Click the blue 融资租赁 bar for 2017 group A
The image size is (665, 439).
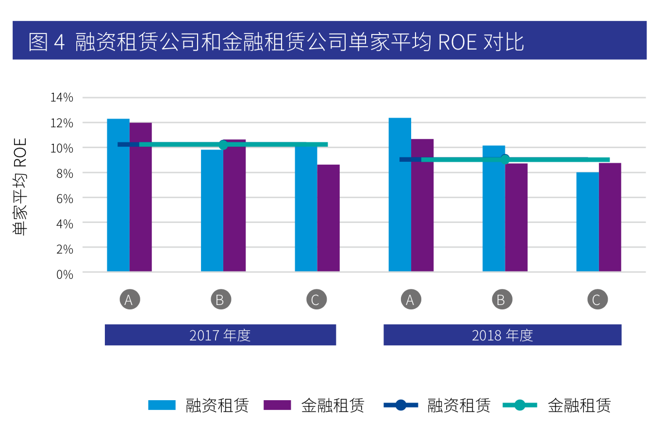tap(118, 195)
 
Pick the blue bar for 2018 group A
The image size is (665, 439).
tap(399, 194)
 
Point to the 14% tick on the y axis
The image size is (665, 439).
tap(62, 98)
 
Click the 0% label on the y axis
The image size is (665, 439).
tap(65, 274)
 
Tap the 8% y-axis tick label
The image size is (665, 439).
tap(65, 173)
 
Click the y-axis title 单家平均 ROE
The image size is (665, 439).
tap(20, 186)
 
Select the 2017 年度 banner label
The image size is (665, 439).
tap(220, 335)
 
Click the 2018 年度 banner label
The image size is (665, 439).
tap(502, 335)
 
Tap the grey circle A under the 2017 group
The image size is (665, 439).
tap(130, 300)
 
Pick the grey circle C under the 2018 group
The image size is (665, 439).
tap(597, 300)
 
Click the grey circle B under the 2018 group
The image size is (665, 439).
tap(501, 300)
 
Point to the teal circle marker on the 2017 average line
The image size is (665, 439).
tap(223, 145)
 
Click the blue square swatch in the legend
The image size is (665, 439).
tap(162, 405)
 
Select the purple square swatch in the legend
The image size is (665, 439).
tap(277, 405)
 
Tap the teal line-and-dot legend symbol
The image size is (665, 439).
tap(519, 405)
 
